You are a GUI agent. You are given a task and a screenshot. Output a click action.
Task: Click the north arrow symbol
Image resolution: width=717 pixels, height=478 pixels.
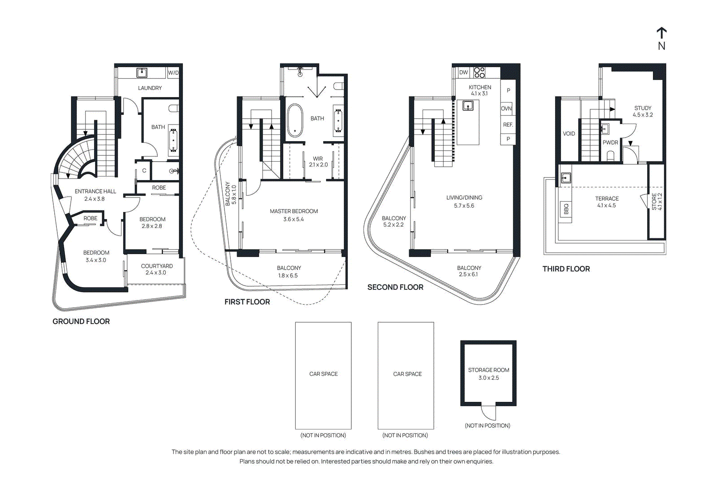pos(661,33)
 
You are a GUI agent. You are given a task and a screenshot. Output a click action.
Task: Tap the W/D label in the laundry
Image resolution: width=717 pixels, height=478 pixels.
pos(173,73)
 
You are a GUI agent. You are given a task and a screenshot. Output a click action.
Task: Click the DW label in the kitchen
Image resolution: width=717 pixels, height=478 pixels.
pos(463,72)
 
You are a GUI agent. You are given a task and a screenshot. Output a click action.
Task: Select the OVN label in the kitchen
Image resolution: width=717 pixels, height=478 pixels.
pos(506,108)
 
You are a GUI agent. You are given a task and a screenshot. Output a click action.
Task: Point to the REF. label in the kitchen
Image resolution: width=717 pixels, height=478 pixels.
pos(508,125)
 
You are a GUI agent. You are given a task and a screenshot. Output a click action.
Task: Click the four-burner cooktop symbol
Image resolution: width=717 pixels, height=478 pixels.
pos(479,72)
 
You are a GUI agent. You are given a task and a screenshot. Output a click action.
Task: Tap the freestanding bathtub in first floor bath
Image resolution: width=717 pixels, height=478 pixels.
pos(295,120)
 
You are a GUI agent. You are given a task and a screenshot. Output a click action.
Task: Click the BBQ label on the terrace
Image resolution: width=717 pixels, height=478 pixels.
pos(566,209)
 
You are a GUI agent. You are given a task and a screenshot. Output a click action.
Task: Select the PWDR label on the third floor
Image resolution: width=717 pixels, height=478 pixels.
pos(610,142)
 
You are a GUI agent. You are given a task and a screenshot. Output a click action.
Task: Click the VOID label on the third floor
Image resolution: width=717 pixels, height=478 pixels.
pos(569,133)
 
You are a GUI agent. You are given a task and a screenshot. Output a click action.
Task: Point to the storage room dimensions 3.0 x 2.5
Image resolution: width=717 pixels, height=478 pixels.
pos(488,378)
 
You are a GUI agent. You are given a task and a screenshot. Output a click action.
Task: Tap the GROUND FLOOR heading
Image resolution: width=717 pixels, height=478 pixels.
pos(81,321)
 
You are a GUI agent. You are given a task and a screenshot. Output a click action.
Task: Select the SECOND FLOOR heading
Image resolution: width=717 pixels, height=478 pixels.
pos(395,287)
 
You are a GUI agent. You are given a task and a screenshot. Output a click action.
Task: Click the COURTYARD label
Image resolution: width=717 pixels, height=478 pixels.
pos(157,266)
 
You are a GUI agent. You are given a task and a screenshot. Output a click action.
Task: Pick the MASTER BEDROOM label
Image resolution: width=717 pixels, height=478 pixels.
pos(294,211)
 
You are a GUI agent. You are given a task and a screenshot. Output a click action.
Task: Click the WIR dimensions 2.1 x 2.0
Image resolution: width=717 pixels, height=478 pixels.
pos(318,164)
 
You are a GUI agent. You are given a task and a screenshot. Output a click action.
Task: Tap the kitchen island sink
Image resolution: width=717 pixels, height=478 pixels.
pos(468,106)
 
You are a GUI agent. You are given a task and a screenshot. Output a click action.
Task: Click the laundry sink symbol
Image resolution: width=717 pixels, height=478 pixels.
pos(142,73)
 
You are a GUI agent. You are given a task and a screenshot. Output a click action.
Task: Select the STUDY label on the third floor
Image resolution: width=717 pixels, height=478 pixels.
pos(643,108)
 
